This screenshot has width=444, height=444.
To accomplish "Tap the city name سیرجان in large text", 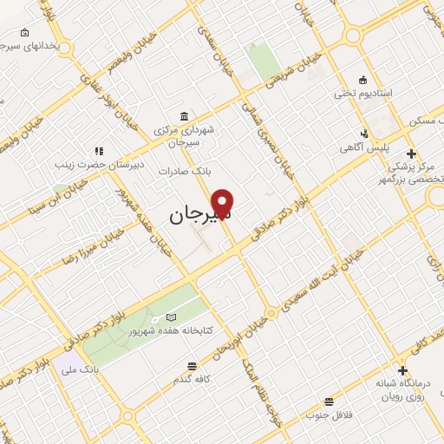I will [x=196, y=212].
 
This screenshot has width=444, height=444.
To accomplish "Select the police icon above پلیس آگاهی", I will [x=365, y=134].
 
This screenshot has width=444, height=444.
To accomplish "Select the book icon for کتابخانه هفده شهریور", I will [x=171, y=317].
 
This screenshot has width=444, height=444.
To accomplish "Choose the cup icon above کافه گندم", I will [x=206, y=366].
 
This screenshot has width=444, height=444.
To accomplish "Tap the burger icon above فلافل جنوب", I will [x=329, y=401].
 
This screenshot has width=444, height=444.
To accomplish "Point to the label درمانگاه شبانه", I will [x=402, y=382].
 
